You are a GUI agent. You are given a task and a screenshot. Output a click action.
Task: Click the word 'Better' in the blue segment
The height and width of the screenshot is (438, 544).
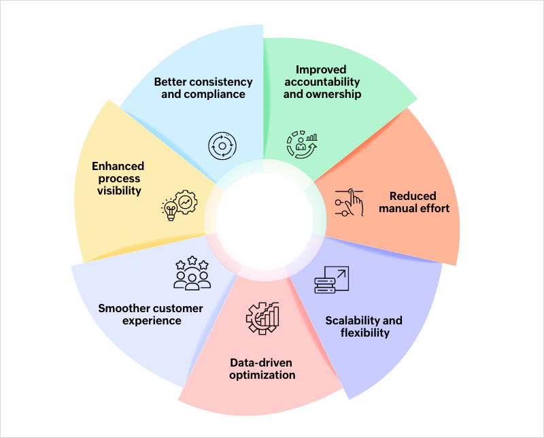171,82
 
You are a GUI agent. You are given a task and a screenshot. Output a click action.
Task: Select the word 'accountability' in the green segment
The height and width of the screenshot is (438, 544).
322,82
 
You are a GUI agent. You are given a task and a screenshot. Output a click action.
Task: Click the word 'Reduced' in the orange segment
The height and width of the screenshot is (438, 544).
413,196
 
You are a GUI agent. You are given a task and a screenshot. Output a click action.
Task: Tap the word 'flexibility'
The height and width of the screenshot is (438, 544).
365,333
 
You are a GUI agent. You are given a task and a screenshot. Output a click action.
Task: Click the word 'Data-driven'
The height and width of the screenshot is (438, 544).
261,363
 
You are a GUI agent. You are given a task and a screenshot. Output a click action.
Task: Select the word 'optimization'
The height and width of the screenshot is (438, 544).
262,375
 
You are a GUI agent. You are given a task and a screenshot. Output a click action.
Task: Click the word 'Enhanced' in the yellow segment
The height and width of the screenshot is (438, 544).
118,166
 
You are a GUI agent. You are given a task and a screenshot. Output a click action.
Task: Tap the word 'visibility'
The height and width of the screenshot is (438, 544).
119,191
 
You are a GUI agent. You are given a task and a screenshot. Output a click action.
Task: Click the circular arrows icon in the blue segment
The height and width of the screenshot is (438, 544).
222,146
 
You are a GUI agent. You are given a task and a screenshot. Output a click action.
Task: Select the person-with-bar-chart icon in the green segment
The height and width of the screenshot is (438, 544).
302,144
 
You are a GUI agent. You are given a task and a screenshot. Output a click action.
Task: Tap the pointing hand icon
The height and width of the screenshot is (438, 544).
350,203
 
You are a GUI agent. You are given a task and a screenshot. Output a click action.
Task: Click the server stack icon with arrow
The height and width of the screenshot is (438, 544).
332,280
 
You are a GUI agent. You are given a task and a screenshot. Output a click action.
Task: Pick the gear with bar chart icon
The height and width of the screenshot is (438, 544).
262,318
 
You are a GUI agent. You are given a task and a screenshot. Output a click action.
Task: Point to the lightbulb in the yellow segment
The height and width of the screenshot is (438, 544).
170,210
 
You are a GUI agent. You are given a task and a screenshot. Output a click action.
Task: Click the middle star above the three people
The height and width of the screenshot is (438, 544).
192,260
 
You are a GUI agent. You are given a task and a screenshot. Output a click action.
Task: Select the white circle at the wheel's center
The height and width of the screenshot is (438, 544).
265,221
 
